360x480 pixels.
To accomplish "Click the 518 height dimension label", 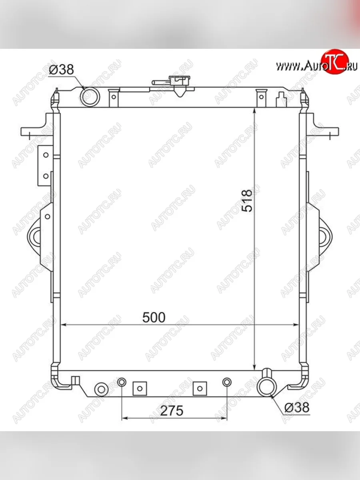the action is click(x=247, y=201).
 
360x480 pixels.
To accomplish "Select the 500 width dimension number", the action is click(x=154, y=318).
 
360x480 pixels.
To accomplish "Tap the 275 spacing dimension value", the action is click(x=172, y=411).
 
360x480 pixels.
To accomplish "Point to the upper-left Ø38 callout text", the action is click(x=62, y=70).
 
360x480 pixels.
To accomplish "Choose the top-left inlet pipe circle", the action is click(x=90, y=96).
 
